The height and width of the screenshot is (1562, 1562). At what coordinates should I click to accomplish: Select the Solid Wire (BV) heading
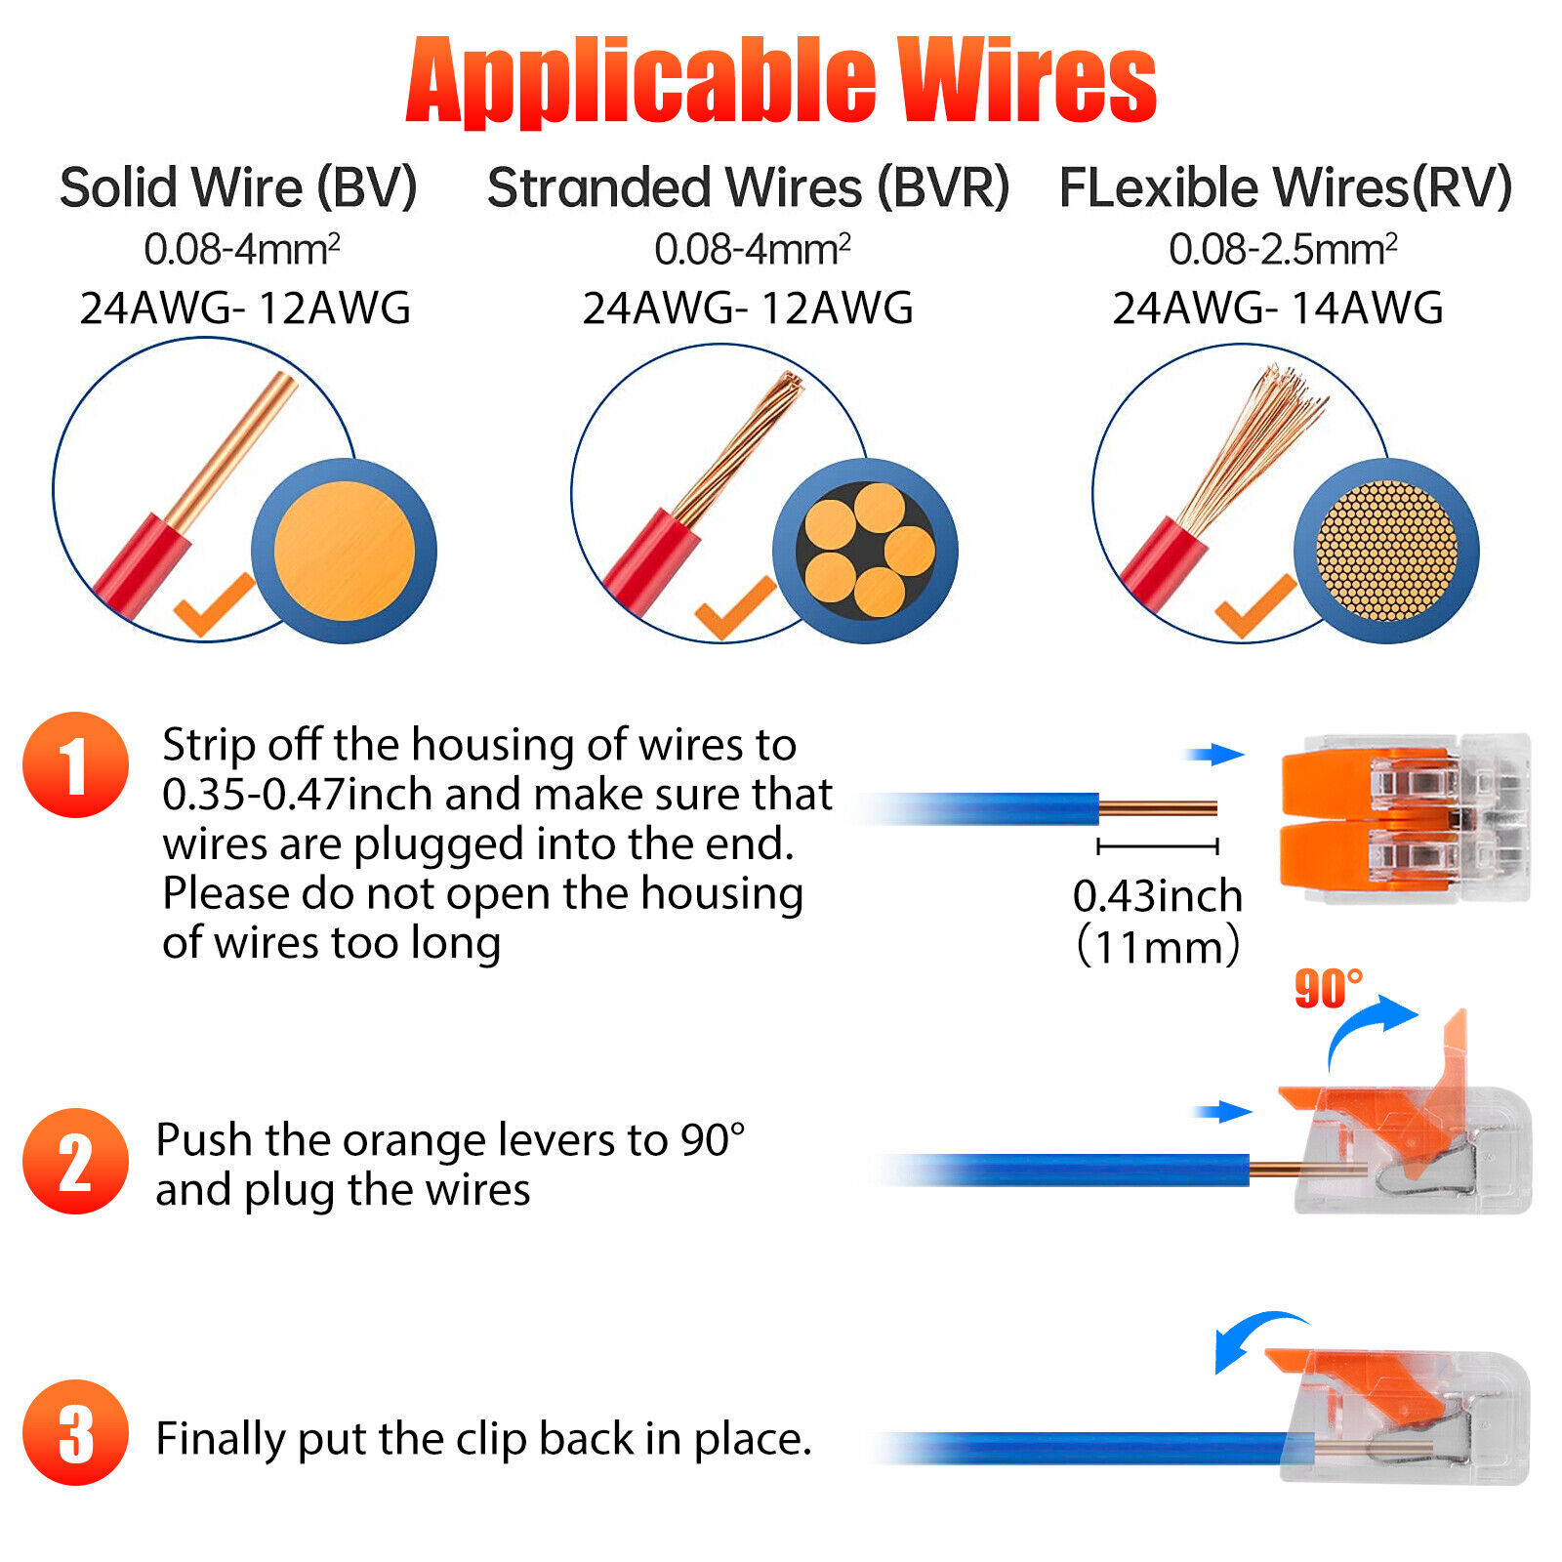(x=238, y=187)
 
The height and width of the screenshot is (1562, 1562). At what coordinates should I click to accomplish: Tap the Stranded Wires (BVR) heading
(x=748, y=187)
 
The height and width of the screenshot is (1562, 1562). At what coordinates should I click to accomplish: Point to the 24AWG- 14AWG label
(x=1277, y=308)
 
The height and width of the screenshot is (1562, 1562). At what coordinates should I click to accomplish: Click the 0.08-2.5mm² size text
(x=1282, y=250)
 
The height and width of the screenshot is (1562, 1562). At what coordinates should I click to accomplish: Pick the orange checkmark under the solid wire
(x=214, y=605)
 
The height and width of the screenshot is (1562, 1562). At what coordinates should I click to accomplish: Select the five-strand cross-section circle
(x=865, y=551)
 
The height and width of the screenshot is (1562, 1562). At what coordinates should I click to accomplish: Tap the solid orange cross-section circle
(x=344, y=551)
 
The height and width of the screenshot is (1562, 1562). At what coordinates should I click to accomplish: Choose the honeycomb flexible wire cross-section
(x=1386, y=551)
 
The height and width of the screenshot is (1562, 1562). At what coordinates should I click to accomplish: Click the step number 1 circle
(x=75, y=764)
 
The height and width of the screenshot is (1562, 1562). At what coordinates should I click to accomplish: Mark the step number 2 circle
(x=75, y=1161)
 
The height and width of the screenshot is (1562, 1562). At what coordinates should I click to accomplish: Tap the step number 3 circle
(x=75, y=1432)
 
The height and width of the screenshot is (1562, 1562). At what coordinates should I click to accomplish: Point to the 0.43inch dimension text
(x=1157, y=896)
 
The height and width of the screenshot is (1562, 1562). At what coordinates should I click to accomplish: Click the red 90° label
(x=1328, y=989)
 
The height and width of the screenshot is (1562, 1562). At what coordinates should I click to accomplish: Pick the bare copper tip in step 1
(x=1158, y=808)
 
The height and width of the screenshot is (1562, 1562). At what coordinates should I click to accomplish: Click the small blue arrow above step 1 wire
(x=1214, y=754)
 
